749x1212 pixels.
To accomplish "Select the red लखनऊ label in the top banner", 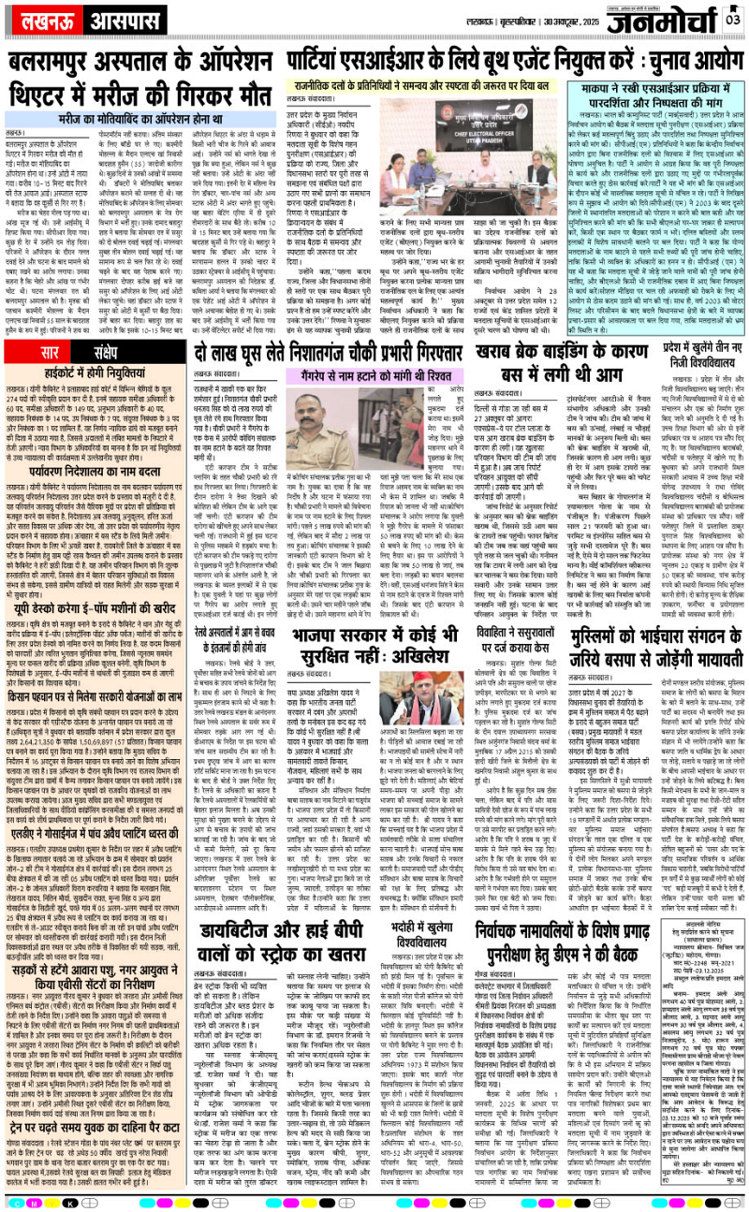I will pos(38,20).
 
